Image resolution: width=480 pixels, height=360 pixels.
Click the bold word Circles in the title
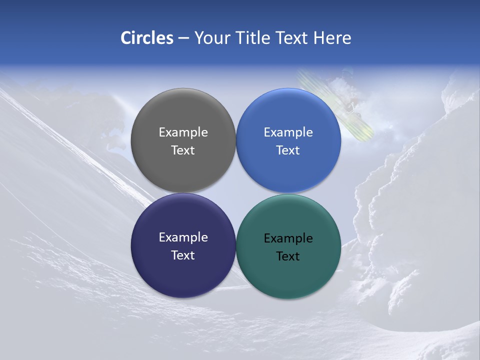tap(147, 38)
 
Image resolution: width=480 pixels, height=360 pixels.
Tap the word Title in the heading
tap(252, 38)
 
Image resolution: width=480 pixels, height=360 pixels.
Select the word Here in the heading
tap(332, 38)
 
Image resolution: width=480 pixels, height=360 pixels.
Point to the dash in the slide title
tap(183, 38)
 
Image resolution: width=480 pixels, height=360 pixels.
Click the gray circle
tap(183, 115)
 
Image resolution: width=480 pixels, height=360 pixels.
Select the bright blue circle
tap(288, 115)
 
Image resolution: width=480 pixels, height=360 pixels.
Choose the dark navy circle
tap(183, 270)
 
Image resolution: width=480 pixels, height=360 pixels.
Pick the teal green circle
tap(288, 272)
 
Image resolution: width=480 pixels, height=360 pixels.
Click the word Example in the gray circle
tap(183, 132)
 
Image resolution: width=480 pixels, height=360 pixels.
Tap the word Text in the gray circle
tap(183, 150)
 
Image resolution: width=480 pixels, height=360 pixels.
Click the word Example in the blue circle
tap(288, 132)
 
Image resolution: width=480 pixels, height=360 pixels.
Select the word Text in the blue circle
tap(288, 150)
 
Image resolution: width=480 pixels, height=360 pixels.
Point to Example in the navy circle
tap(183, 237)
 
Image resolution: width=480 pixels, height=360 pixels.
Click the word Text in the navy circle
tap(183, 255)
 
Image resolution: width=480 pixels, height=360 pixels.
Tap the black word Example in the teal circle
tap(288, 238)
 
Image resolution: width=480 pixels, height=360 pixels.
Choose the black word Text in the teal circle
tap(288, 256)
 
